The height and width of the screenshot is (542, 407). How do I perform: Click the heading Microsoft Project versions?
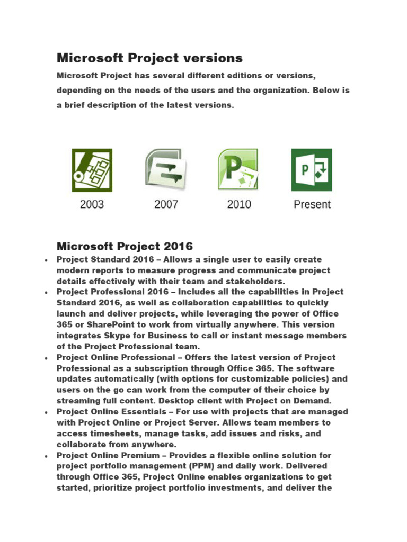(149, 58)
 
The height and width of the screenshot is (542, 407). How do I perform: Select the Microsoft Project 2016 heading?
(125, 246)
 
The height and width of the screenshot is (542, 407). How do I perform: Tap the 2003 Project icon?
(92, 170)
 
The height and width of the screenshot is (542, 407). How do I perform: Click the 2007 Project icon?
(166, 170)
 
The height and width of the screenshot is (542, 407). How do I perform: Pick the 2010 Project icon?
(238, 170)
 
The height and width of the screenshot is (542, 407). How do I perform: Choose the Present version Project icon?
(312, 170)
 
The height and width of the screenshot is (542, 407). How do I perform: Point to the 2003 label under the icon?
(92, 204)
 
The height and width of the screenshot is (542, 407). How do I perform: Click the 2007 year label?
(166, 204)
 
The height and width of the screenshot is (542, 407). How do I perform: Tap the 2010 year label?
(239, 204)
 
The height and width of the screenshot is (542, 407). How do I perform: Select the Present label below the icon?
(312, 204)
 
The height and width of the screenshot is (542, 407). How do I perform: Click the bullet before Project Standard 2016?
(47, 260)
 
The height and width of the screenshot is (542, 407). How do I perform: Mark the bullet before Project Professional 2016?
(47, 293)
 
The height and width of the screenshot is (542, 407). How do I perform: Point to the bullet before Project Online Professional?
(47, 358)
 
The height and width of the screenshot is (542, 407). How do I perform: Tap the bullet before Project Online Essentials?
(47, 412)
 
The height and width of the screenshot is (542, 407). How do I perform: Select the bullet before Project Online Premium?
(47, 456)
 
